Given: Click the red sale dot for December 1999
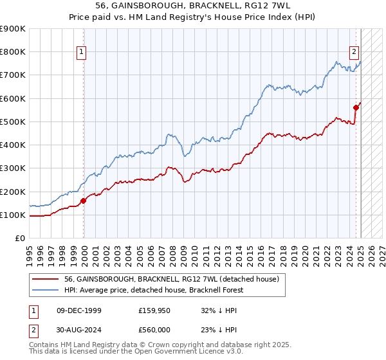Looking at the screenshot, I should (x=84, y=201).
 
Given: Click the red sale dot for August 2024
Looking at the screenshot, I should (x=356, y=107).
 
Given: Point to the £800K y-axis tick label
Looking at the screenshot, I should (x=13, y=52).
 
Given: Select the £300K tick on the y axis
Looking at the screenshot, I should (x=13, y=168).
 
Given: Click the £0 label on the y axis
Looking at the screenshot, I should (x=19, y=239).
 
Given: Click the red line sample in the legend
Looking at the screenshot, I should (x=46, y=279).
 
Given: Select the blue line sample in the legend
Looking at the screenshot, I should (x=46, y=291).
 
